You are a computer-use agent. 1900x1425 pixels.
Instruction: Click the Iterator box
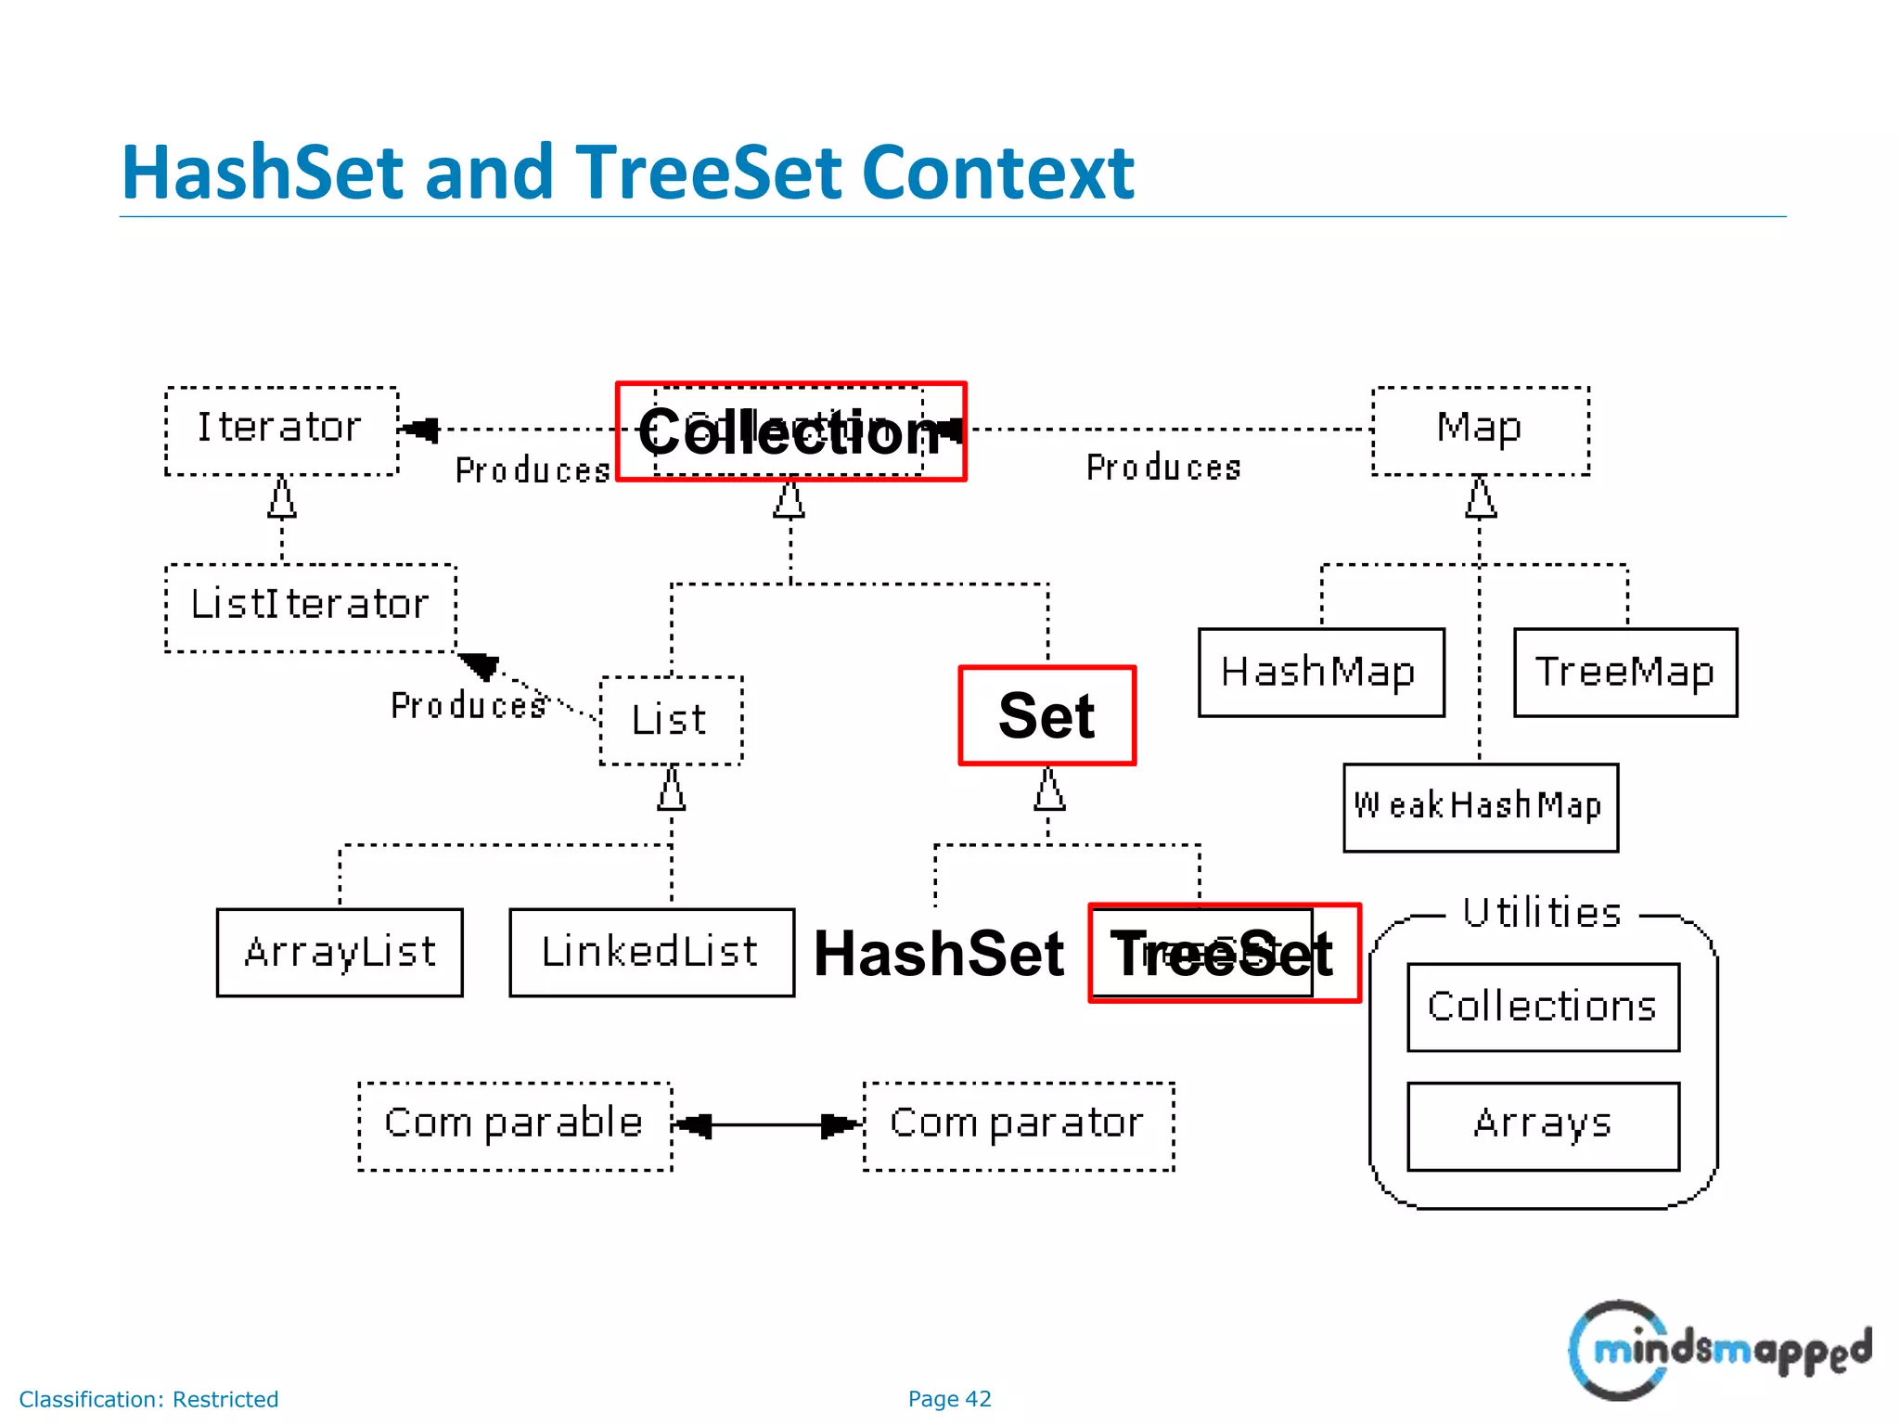[281, 430]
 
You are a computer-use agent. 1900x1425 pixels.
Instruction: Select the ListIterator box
[310, 608]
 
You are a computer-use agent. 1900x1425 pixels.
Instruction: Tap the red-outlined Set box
[1046, 715]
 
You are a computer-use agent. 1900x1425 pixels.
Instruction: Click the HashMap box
[1320, 673]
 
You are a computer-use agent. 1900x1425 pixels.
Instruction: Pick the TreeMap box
[1624, 673]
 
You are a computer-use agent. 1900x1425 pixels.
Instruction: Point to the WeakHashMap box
[1480, 807]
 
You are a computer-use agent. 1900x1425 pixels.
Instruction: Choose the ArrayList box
[340, 953]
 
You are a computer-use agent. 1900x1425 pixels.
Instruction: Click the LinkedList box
[651, 953]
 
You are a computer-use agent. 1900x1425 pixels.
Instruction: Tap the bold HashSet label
[939, 954]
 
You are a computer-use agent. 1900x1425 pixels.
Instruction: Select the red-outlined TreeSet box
[1224, 953]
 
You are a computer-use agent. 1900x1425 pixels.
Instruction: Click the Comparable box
[515, 1125]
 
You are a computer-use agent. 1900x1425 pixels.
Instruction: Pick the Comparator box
[1018, 1125]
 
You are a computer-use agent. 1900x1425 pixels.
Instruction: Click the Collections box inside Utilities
[1542, 1008]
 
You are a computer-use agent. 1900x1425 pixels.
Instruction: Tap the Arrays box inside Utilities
[1542, 1125]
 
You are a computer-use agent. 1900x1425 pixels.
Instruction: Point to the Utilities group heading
[1542, 913]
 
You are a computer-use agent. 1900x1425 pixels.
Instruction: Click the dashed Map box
[1480, 430]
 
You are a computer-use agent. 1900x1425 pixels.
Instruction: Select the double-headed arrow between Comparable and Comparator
[768, 1125]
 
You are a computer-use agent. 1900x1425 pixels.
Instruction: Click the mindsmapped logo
[1719, 1350]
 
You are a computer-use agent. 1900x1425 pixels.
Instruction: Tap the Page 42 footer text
[949, 1398]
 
